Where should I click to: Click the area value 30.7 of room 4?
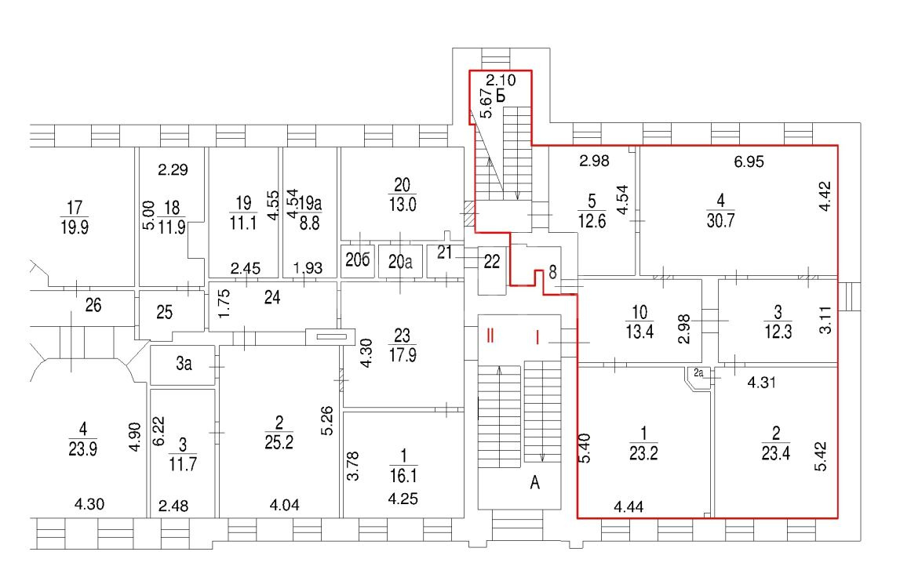pos(720,220)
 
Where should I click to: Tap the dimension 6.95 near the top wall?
pos(749,162)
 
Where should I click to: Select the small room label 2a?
pos(698,373)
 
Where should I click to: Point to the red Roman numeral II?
pos(490,335)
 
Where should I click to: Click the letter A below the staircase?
pos(534,483)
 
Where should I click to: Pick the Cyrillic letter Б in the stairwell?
pos(501,96)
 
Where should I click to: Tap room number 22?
pos(491,262)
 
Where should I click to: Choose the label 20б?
pos(357,260)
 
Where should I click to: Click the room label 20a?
pos(400,262)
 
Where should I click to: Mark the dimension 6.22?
pos(159,431)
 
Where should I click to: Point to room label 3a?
pos(184,363)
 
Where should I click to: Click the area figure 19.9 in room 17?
pos(74,227)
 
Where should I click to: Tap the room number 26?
pos(93,305)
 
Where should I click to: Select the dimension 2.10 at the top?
pos(501,80)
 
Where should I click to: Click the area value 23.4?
pos(775,454)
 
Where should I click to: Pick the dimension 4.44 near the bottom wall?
pos(629,506)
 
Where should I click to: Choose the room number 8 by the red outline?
pos(552,272)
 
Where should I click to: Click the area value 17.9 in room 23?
pos(403,355)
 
